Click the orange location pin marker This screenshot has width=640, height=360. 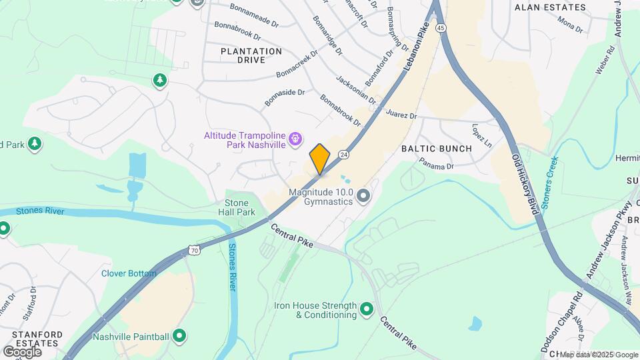[320, 159]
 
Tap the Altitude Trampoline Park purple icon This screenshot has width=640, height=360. [297, 139]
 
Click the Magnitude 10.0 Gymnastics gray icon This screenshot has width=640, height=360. [363, 196]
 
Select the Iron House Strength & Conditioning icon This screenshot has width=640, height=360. [366, 309]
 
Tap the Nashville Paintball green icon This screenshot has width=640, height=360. [179, 336]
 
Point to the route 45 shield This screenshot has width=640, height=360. [441, 28]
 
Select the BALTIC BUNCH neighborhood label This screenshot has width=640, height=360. [437, 149]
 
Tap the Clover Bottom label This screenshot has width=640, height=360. [129, 273]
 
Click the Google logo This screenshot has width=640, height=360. [22, 351]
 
